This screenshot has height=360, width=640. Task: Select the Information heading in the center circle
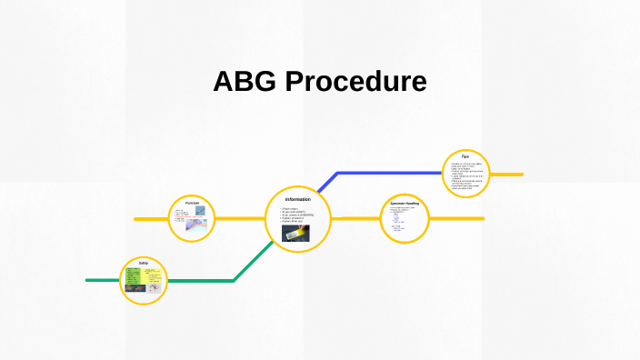297,199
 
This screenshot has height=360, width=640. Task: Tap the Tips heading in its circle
465,157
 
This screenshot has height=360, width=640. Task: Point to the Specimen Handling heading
404,202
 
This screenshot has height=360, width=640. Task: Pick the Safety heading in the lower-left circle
144,263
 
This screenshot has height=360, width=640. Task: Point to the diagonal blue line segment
327,183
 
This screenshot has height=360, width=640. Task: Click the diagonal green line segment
255,262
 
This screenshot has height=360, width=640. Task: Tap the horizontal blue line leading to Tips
391,173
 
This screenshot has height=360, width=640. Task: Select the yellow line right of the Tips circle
507,174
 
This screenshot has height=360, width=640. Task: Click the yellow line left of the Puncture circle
150,219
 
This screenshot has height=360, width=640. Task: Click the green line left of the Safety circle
102,280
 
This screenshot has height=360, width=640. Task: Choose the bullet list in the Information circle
297,215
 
